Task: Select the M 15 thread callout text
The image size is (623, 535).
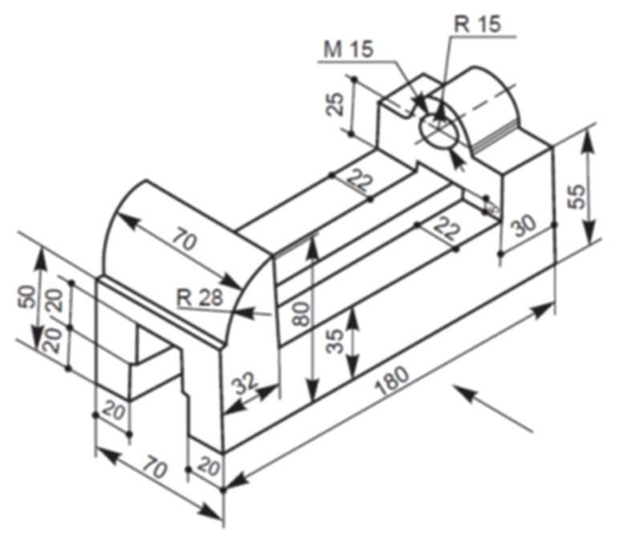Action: pyautogui.click(x=348, y=49)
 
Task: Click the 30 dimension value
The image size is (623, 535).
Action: pyautogui.click(x=524, y=227)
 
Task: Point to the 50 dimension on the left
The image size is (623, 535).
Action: pyautogui.click(x=26, y=296)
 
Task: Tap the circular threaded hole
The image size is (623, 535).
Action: pyautogui.click(x=439, y=131)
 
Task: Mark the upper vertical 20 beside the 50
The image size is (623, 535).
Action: pyautogui.click(x=53, y=302)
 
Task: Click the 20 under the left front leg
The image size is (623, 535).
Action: pyautogui.click(x=114, y=412)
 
